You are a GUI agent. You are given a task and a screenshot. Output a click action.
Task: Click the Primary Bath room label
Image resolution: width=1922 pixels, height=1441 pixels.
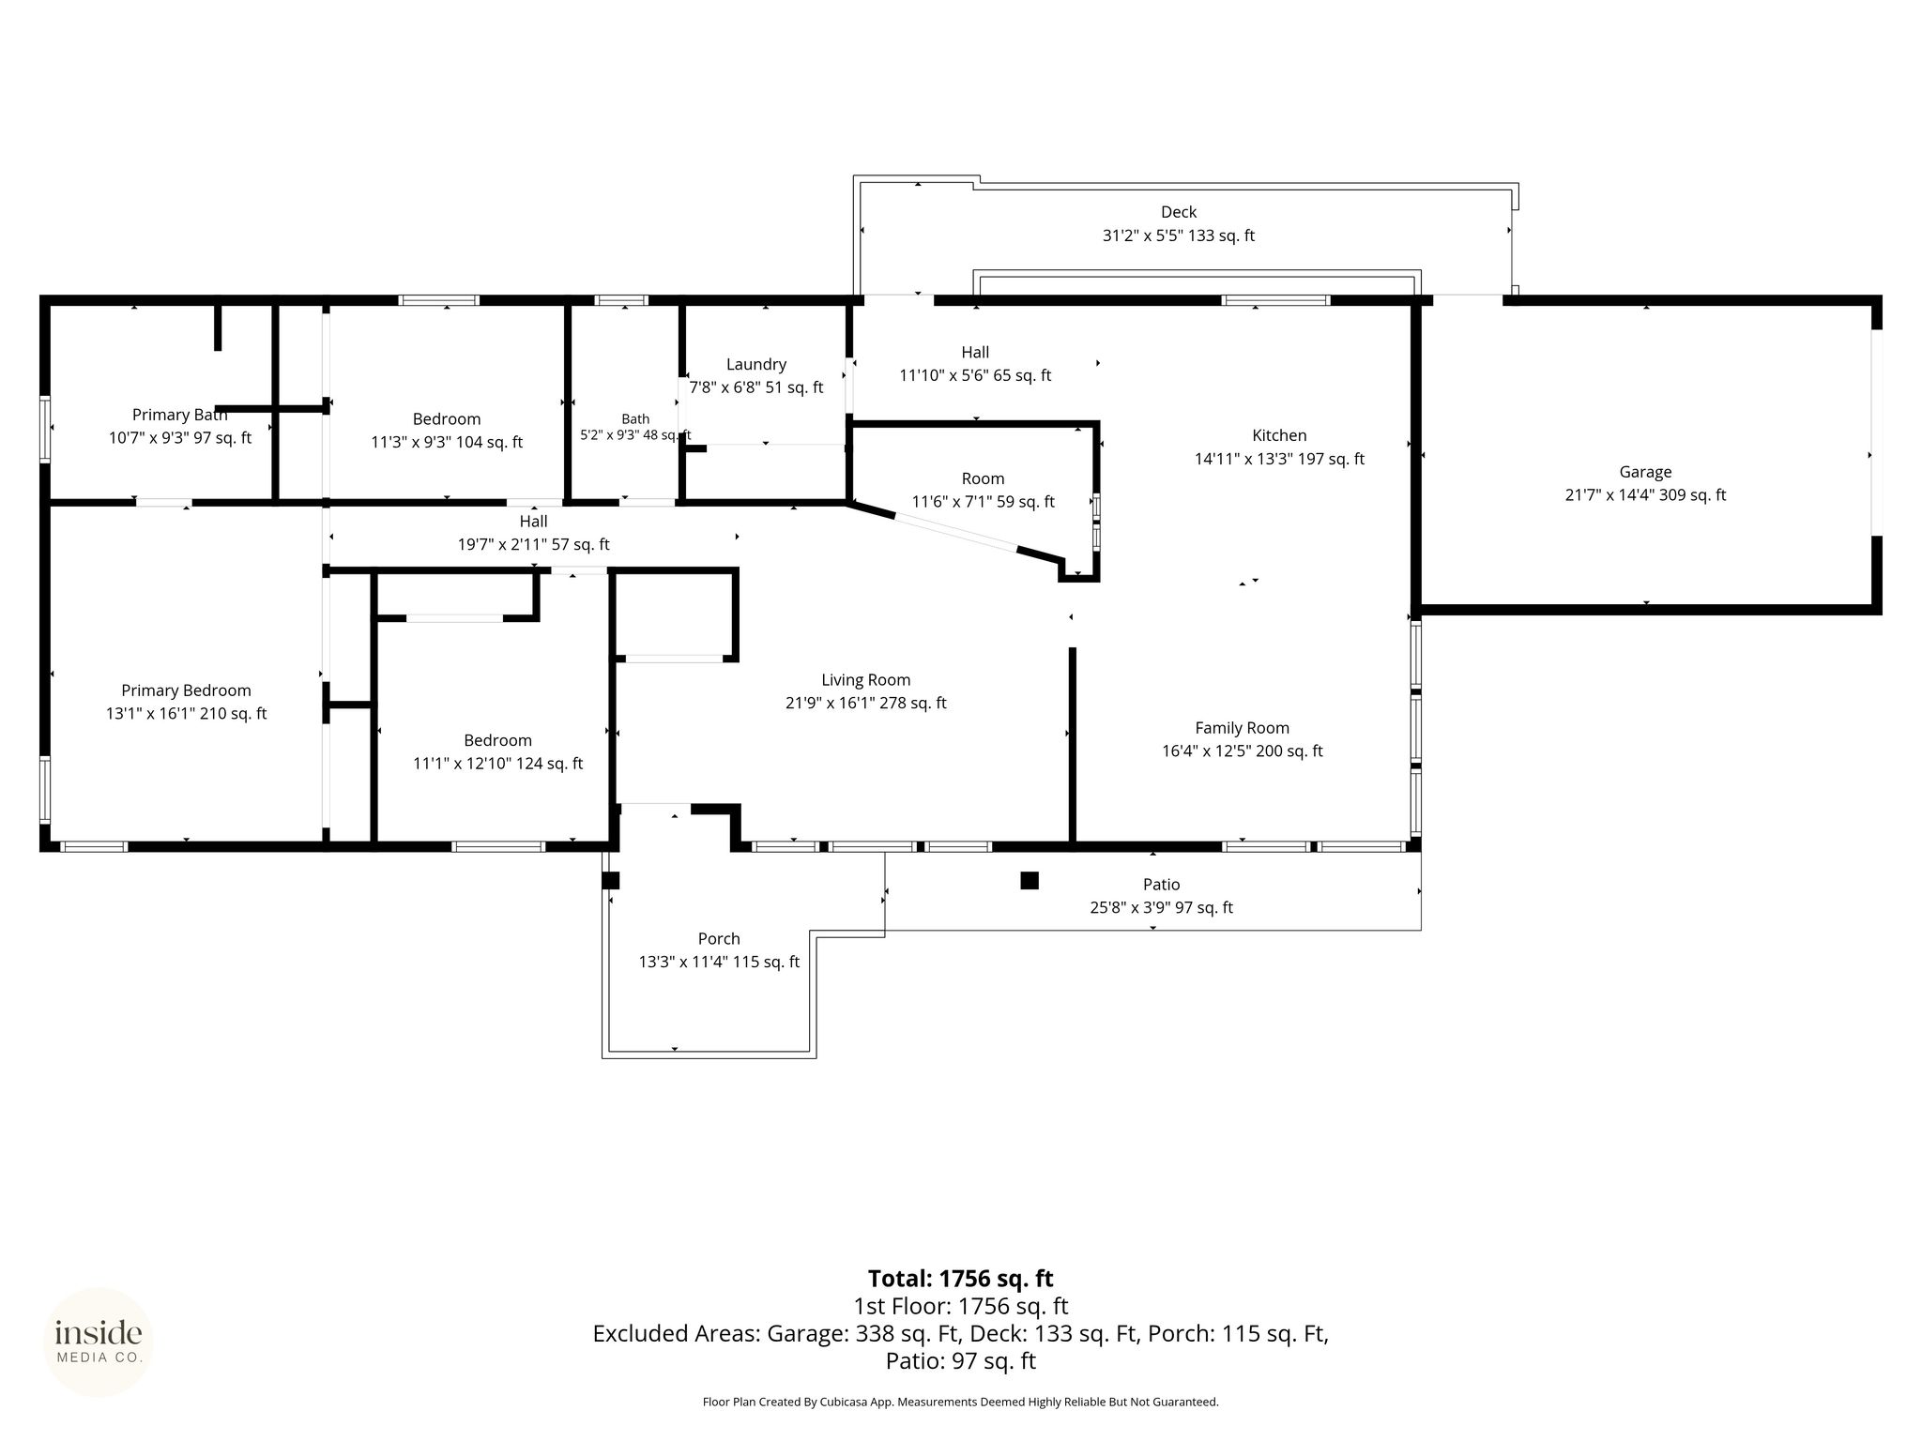[x=180, y=415]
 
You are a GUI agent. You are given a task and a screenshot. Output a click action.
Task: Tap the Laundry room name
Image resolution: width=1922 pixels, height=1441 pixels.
[x=756, y=364]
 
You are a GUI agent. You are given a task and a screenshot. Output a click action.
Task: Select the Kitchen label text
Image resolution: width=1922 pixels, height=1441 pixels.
[x=1279, y=435]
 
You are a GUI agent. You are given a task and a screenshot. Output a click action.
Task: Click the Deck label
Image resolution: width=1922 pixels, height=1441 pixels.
[x=1179, y=212]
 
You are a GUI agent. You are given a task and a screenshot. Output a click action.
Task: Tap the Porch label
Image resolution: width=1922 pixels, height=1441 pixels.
[x=719, y=938]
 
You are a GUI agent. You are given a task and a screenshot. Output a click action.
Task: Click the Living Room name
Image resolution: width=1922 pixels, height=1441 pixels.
[x=866, y=680]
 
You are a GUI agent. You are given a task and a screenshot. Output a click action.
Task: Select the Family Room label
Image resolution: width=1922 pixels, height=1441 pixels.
[x=1243, y=728]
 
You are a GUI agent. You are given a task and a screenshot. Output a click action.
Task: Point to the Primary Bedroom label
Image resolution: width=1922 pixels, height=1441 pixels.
[x=187, y=690]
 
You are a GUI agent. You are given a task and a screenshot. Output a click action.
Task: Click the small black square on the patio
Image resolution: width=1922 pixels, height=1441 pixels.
[x=1030, y=880]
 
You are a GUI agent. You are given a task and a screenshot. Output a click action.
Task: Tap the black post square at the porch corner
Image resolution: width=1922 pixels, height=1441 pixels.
[x=611, y=880]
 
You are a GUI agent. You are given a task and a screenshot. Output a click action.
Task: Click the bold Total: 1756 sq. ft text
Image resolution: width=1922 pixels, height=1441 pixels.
[x=960, y=1279]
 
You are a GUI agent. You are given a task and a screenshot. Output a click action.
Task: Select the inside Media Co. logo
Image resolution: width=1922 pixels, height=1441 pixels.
[x=99, y=1342]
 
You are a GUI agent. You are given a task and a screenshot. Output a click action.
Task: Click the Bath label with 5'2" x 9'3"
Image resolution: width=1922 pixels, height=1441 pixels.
[x=635, y=419]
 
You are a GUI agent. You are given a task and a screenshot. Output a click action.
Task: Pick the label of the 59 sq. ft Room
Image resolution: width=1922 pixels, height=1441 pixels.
[x=983, y=478]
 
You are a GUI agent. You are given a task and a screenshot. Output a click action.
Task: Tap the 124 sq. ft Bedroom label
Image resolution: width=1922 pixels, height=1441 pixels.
[x=497, y=740]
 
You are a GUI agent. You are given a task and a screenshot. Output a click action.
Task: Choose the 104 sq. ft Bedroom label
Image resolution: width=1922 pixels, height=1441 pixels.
[x=447, y=419]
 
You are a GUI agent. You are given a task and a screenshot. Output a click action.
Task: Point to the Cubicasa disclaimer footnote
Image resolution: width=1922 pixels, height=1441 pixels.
[x=960, y=1402]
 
